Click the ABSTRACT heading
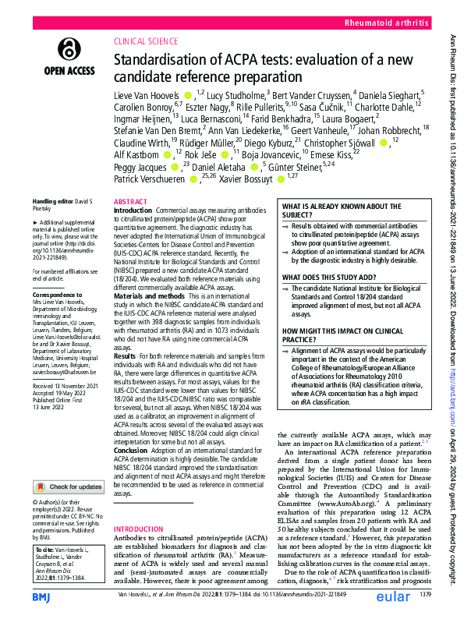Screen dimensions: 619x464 tap(130, 200)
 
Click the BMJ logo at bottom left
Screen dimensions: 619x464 tap(44, 596)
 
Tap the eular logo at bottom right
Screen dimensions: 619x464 tap(396, 595)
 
